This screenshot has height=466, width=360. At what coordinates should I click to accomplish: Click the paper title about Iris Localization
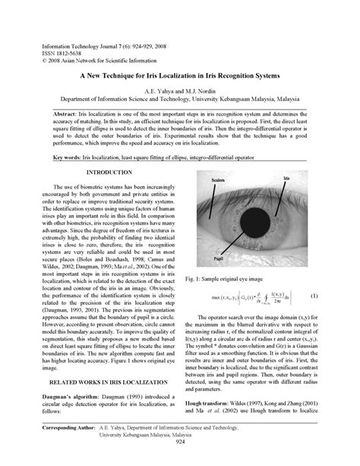pyautogui.click(x=179, y=78)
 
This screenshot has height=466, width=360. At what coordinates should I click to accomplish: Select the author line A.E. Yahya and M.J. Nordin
pyautogui.click(x=179, y=90)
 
